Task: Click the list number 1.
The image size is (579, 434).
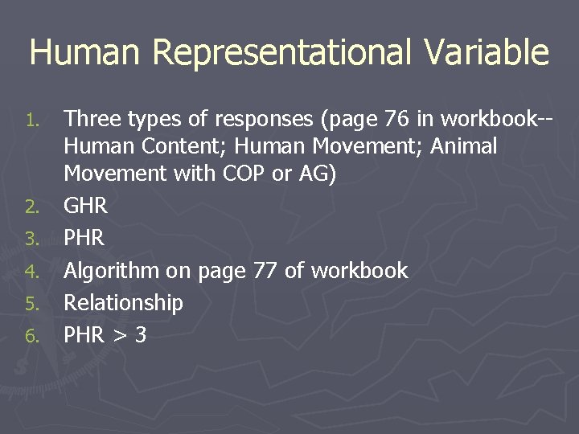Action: pyautogui.click(x=31, y=121)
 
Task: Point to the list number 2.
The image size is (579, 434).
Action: pyautogui.click(x=31, y=207)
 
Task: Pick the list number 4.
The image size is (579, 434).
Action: pyautogui.click(x=31, y=272)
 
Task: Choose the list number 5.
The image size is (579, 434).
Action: pyautogui.click(x=31, y=304)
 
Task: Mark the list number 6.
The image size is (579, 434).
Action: pyautogui.click(x=31, y=336)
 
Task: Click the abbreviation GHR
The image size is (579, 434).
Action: pyautogui.click(x=85, y=207)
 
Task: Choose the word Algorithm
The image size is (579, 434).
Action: pyautogui.click(x=111, y=272)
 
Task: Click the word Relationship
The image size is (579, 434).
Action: pyautogui.click(x=123, y=303)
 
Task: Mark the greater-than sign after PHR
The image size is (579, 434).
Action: pyautogui.click(x=120, y=336)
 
